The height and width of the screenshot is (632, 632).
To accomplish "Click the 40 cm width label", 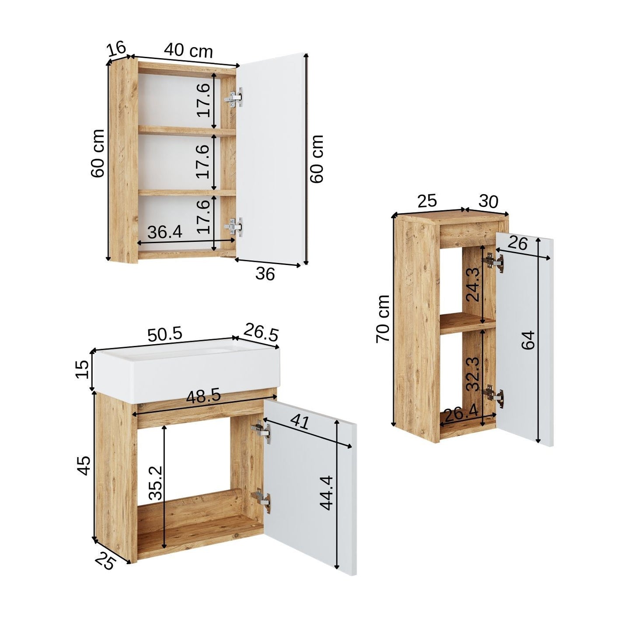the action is click(x=188, y=50).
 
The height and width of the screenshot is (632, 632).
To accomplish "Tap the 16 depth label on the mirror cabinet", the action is click(x=116, y=48).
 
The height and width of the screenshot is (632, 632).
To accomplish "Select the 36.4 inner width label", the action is click(x=164, y=232).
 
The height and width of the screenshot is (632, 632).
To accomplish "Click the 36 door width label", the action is click(x=265, y=273).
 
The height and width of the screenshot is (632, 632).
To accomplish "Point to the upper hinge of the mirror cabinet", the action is click(x=234, y=97).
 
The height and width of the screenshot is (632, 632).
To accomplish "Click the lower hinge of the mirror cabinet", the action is click(x=234, y=227).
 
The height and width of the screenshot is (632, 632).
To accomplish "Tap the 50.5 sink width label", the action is click(x=164, y=335).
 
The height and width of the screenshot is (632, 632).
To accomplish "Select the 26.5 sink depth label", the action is click(x=261, y=332).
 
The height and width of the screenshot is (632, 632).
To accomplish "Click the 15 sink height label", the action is click(x=82, y=369).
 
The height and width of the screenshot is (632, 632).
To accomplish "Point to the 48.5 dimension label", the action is click(x=203, y=397).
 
